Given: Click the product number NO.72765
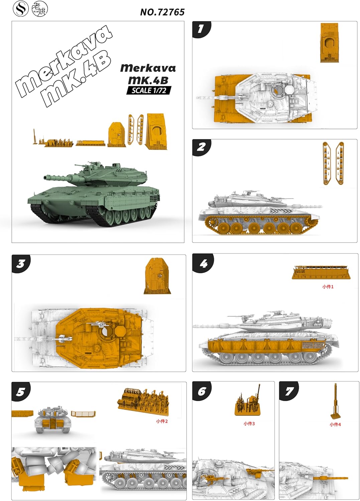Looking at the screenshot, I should point(162,12).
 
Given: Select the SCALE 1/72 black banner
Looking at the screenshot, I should point(149,90).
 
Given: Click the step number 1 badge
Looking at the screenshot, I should point(201,29).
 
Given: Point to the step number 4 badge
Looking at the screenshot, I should point(203,264).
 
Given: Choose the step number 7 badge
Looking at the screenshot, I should point(289,391).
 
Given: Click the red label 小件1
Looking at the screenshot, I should point(328,287).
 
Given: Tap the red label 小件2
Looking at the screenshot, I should point(162,421).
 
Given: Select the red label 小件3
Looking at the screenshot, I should point(249,424).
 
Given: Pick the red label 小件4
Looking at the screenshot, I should point(335,425).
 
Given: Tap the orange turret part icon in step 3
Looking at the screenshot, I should point(157,276).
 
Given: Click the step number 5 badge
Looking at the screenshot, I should point(21,391).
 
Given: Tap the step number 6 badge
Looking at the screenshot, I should point(202,391).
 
